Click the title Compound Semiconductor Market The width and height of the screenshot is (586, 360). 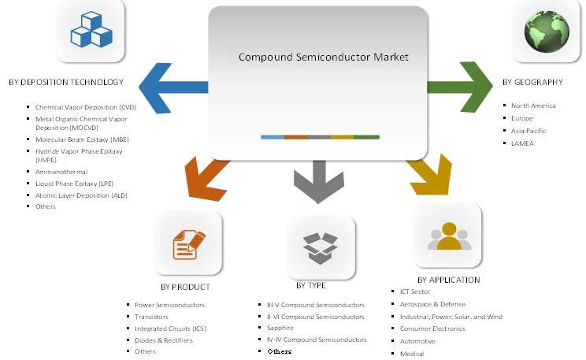323,58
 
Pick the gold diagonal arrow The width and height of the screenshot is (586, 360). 429,176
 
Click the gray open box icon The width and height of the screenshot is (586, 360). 321,246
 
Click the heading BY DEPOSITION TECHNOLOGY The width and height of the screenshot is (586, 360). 66,83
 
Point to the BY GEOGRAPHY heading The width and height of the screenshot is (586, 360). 532,82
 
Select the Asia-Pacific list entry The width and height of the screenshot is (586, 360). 529,131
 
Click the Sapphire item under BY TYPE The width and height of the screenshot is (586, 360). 280,328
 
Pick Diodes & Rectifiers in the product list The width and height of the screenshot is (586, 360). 164,340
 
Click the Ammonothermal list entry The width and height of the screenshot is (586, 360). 61,172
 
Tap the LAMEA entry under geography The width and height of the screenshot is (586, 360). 522,143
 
